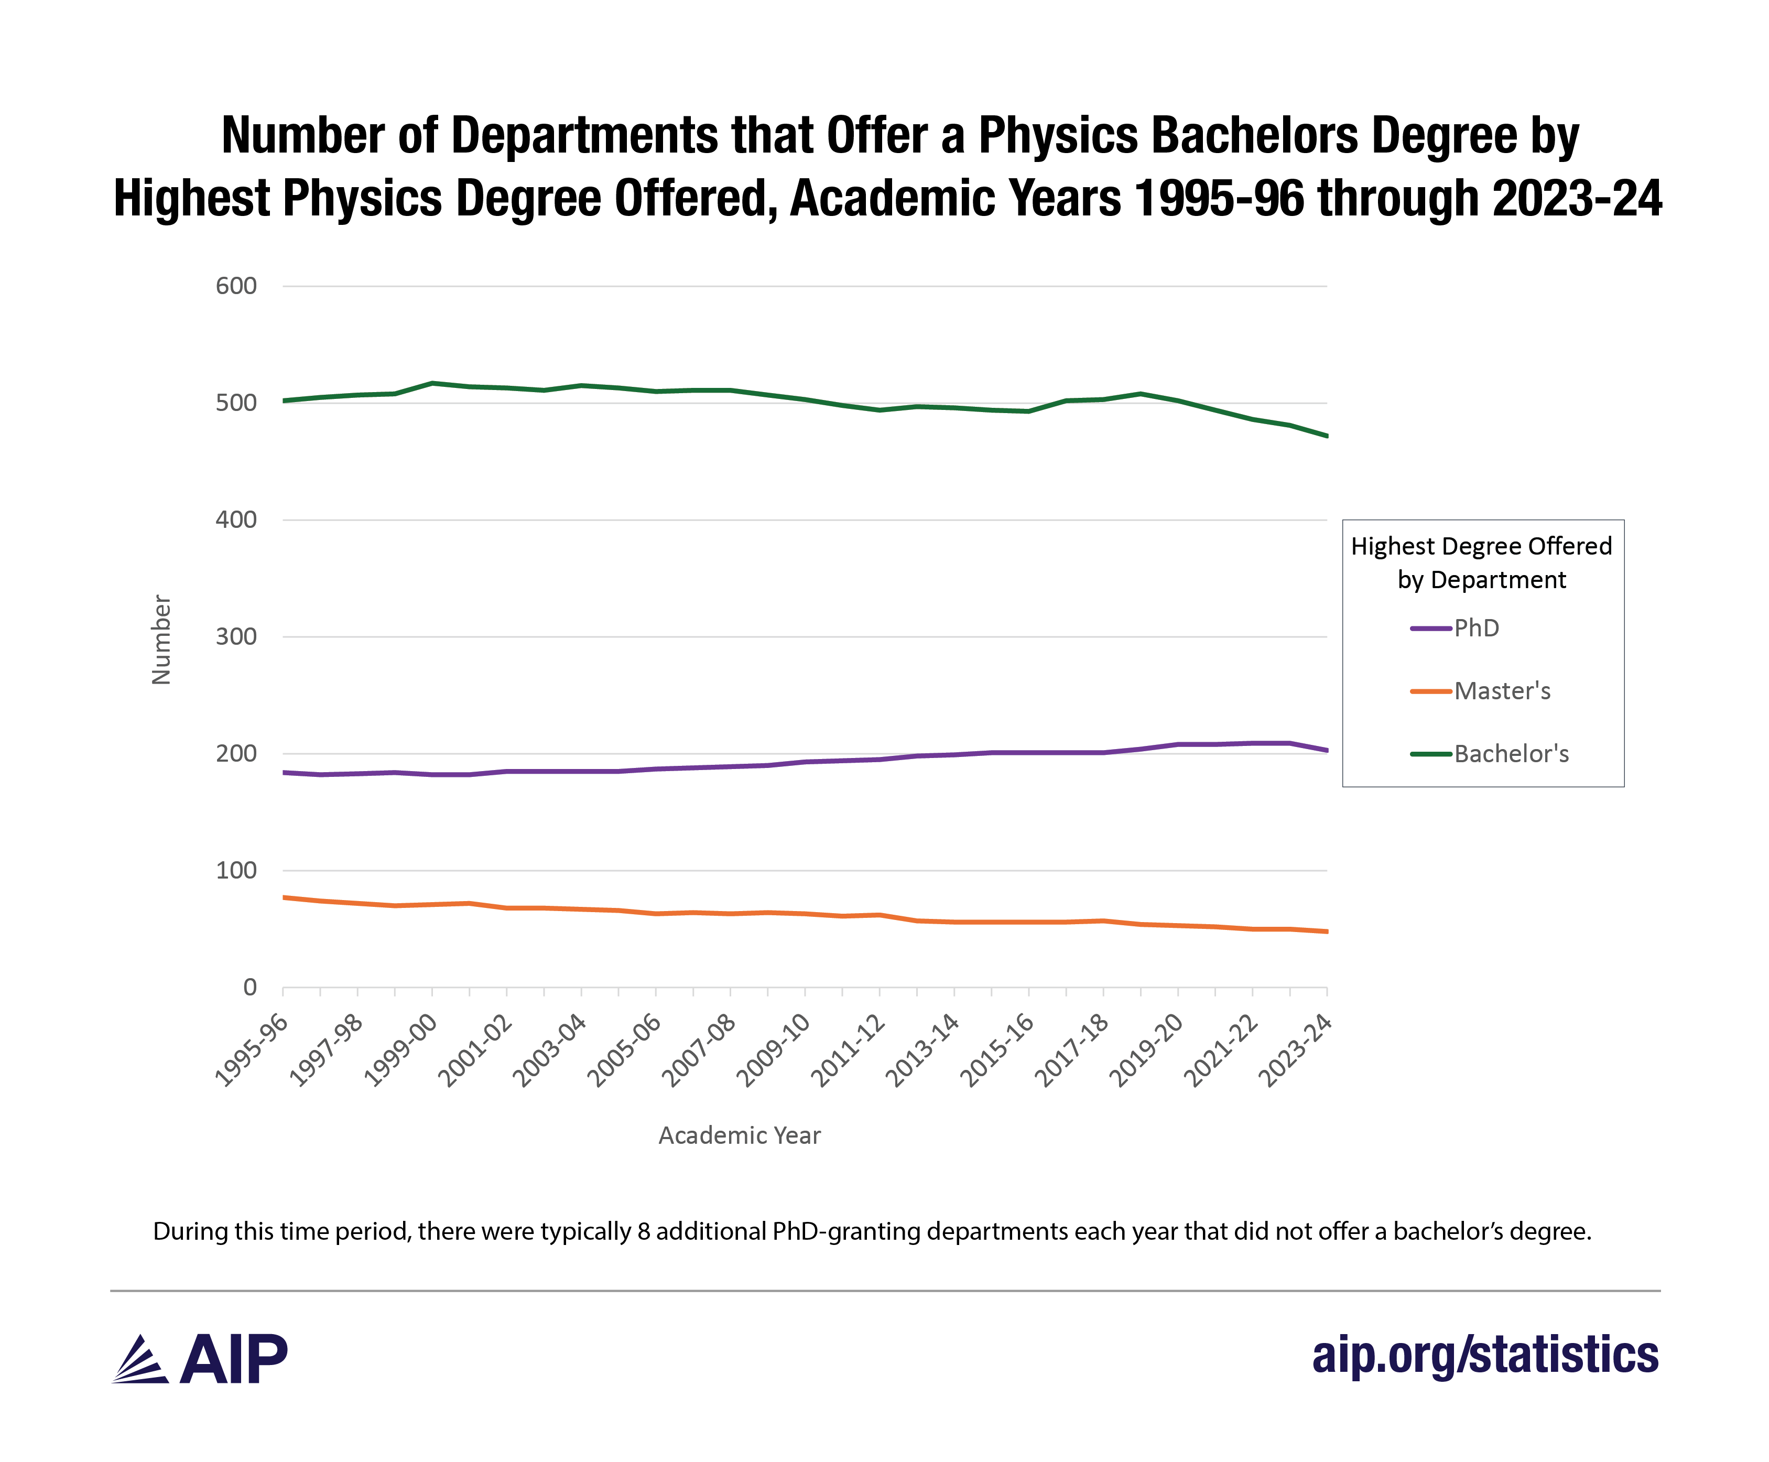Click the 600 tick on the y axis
coord(236,286)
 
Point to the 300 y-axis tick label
coord(236,637)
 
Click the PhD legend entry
coord(1475,628)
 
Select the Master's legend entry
coord(1501,691)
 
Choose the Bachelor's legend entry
coord(1511,754)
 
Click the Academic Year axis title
coord(739,1135)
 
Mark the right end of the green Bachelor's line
coord(1326,436)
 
